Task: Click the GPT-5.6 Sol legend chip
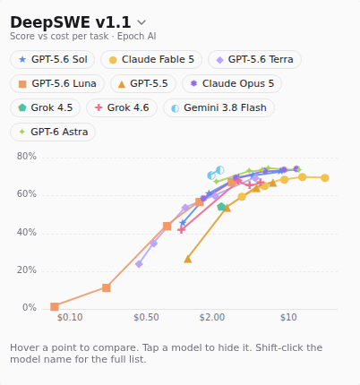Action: coord(53,59)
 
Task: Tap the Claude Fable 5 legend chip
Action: coord(151,59)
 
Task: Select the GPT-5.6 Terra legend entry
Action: coord(254,59)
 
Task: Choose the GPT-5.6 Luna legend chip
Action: coord(57,83)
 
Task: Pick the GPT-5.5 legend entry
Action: coord(143,83)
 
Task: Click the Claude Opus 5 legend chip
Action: coord(232,83)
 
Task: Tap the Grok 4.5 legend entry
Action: coord(46,107)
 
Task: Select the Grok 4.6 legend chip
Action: coord(122,107)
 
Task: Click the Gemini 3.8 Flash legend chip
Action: coord(219,107)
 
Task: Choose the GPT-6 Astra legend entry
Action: coord(53,132)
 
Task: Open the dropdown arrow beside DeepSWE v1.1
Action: coord(141,22)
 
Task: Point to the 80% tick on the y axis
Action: coord(27,156)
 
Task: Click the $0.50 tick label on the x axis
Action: coord(146,317)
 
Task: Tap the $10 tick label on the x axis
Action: coord(288,317)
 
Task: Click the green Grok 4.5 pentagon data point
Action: coord(221,207)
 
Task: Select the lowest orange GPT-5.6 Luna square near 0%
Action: coord(55,307)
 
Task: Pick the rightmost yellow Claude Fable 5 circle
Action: coord(325,178)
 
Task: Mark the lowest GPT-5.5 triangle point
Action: coord(187,259)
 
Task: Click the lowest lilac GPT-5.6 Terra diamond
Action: coord(139,264)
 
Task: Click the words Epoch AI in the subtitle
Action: coord(136,36)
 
